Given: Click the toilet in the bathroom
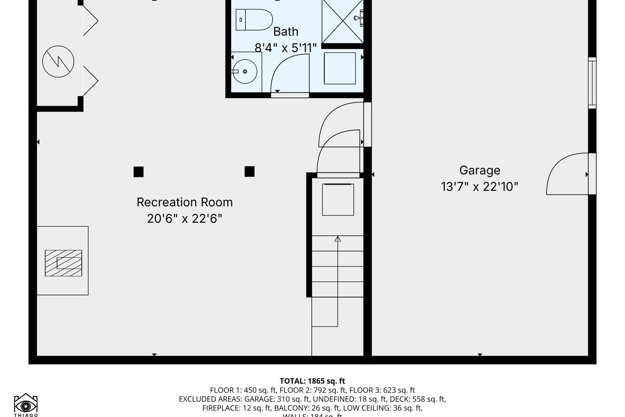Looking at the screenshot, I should (x=254, y=20).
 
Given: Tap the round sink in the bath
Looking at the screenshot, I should (x=245, y=72).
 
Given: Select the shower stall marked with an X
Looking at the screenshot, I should (x=342, y=22).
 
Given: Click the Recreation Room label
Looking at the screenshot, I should (x=184, y=202).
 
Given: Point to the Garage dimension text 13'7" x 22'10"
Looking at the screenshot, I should (x=480, y=187).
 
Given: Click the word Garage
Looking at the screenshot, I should (x=480, y=170).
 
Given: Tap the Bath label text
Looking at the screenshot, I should (x=285, y=32).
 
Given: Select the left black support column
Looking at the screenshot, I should (x=139, y=172).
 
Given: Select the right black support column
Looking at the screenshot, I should (x=249, y=171).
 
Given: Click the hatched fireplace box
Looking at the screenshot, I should (x=64, y=263).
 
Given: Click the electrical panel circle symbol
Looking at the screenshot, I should (x=58, y=62).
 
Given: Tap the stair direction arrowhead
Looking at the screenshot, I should (x=337, y=239).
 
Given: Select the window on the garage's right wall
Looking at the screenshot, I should (x=592, y=83).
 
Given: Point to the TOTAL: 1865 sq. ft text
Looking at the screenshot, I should (x=312, y=381).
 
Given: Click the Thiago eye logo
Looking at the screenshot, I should (x=26, y=404).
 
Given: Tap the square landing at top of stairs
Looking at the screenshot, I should (x=338, y=200).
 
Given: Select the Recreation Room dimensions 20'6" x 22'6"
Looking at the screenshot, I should (x=184, y=219).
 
